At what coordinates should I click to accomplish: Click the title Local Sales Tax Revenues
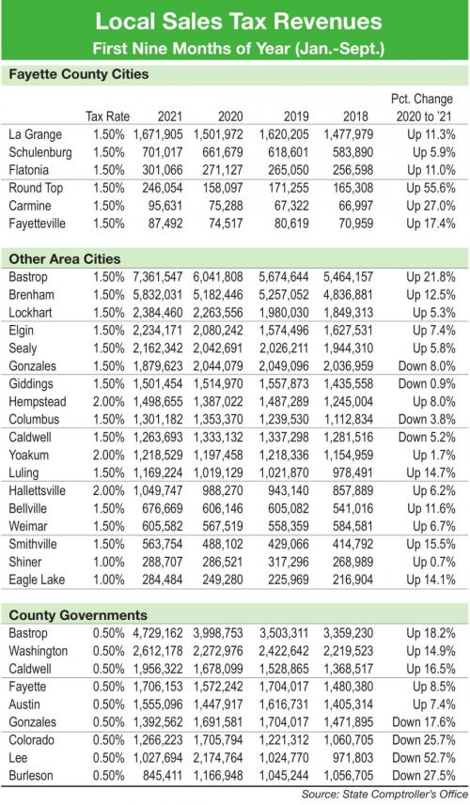tap(239, 22)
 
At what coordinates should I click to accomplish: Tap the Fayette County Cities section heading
tap(79, 74)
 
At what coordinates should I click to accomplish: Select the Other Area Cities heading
tap(65, 258)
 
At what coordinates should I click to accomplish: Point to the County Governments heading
tap(78, 615)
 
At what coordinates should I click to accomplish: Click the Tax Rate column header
tap(107, 116)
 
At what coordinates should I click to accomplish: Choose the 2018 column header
tap(355, 116)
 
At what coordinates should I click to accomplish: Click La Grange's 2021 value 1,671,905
tap(158, 134)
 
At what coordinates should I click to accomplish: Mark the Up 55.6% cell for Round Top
tap(431, 188)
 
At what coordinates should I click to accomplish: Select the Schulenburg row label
tap(40, 152)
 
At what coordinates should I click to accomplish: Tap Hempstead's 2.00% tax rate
tap(108, 401)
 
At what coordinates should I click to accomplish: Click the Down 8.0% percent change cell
tap(427, 366)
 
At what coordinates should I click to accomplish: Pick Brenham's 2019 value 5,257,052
tap(284, 295)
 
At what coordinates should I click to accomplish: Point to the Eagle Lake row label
tap(37, 581)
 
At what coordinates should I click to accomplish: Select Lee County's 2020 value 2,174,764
tap(218, 758)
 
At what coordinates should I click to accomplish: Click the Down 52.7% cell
tap(424, 758)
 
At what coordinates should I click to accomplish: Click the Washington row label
tap(38, 651)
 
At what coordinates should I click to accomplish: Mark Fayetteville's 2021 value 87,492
tap(163, 224)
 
